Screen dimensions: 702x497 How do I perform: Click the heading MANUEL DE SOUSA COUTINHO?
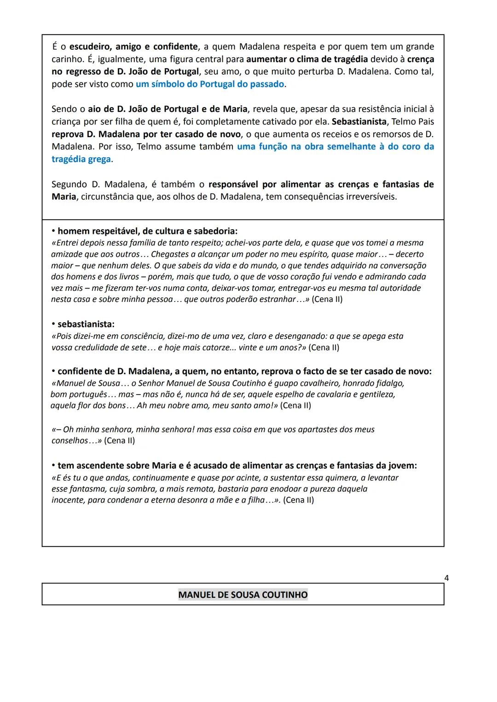pyautogui.click(x=243, y=595)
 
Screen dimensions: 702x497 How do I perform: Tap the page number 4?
pyautogui.click(x=446, y=578)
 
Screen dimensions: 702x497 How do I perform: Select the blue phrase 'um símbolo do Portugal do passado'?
pyautogui.click(x=210, y=84)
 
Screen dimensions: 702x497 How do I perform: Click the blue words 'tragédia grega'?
pyautogui.click(x=81, y=159)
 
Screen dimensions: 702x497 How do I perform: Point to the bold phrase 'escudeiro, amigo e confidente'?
pyautogui.click(x=133, y=46)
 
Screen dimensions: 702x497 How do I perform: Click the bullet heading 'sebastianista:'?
pyautogui.click(x=86, y=324)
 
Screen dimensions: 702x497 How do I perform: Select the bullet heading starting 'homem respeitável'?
pyautogui.click(x=147, y=231)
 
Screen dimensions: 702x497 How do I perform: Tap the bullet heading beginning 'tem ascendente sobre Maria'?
pyautogui.click(x=237, y=465)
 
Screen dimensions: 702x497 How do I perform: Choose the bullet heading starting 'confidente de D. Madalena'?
pyautogui.click(x=244, y=371)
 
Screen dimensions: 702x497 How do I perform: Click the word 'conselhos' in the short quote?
pyautogui.click(x=69, y=441)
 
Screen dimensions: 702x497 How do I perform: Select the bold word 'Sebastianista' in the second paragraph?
pyautogui.click(x=359, y=122)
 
